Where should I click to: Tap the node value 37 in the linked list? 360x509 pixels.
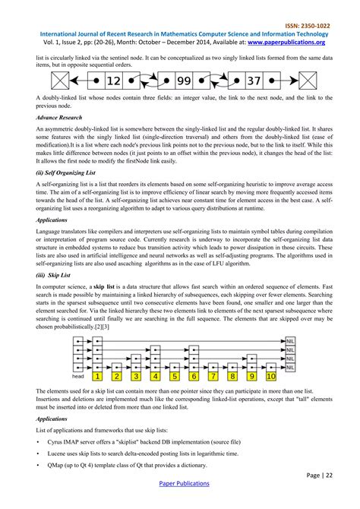click(x=256, y=80)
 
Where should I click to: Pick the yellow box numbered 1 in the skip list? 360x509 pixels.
click(x=97, y=375)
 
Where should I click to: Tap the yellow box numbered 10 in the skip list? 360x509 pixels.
click(x=271, y=375)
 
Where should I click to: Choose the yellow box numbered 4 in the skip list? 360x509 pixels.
click(x=155, y=375)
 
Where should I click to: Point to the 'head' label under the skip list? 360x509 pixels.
click(x=77, y=376)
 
